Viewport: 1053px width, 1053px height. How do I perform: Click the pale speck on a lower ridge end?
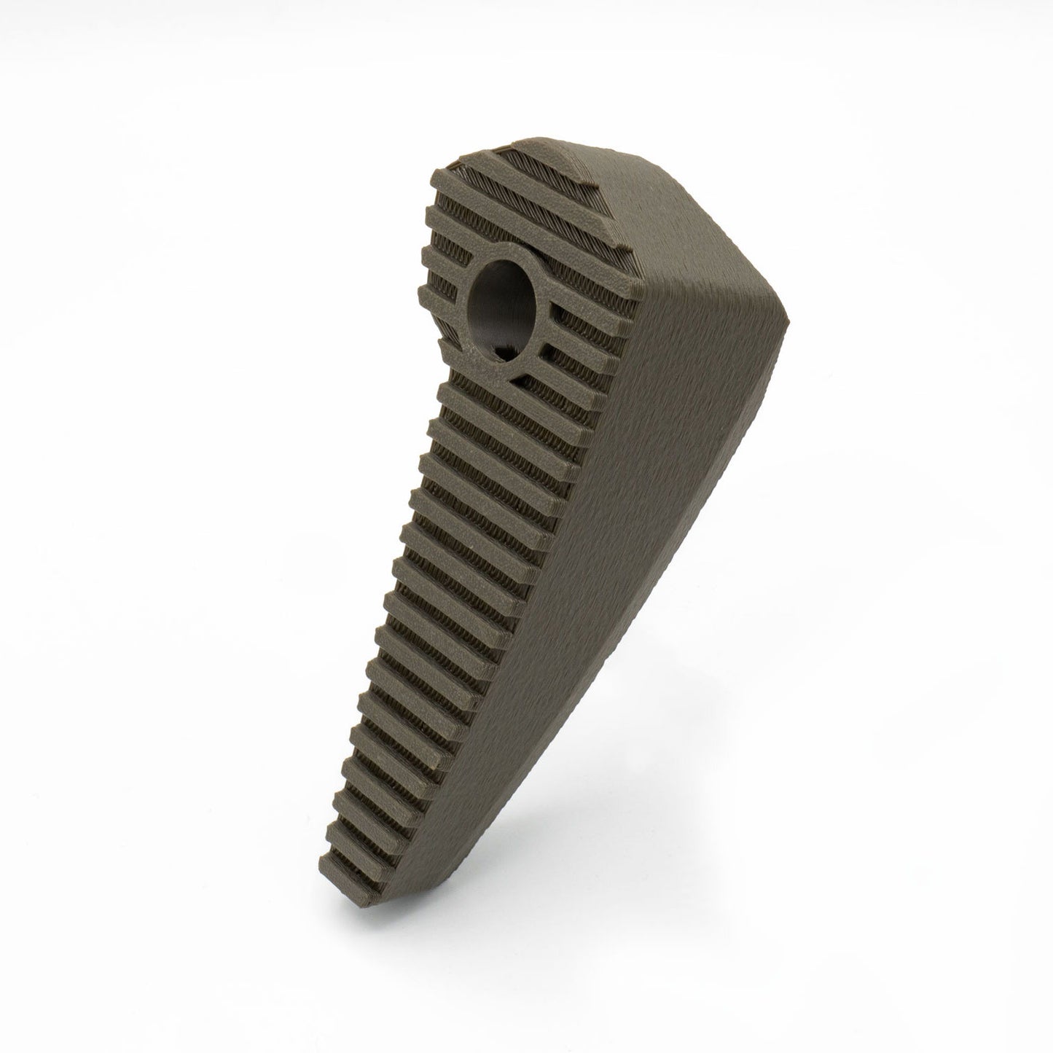(x=435, y=767)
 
